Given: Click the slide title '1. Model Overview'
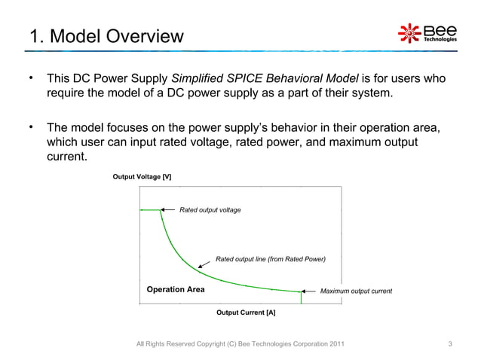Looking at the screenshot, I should [x=106, y=35].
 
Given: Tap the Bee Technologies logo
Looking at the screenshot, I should [x=427, y=33].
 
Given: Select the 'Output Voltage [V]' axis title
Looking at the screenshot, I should [x=142, y=176].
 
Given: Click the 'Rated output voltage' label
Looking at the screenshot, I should [x=210, y=209].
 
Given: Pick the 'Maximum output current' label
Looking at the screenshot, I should [x=356, y=291].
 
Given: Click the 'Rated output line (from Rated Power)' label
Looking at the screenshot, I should [x=270, y=259].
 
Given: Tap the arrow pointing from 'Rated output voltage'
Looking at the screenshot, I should [x=168, y=209].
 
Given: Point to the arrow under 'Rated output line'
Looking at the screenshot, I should [x=204, y=265].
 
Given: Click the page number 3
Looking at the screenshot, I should [x=449, y=345].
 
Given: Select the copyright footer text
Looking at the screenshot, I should [x=241, y=345].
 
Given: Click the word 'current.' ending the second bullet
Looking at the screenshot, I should [x=68, y=157].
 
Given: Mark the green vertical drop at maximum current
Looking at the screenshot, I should [x=302, y=297].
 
